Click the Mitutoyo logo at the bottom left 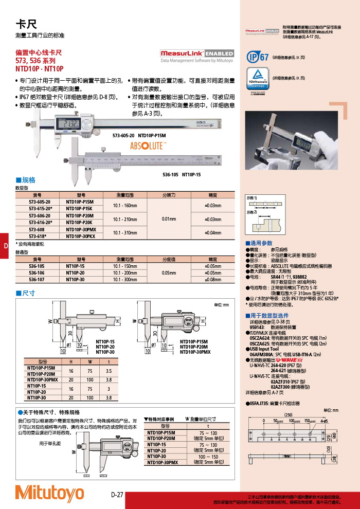(49, 492)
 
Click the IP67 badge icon (257, 58)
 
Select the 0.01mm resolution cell (169, 219)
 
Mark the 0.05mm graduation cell (169, 272)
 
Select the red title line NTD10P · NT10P (39, 68)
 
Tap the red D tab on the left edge (5, 246)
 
